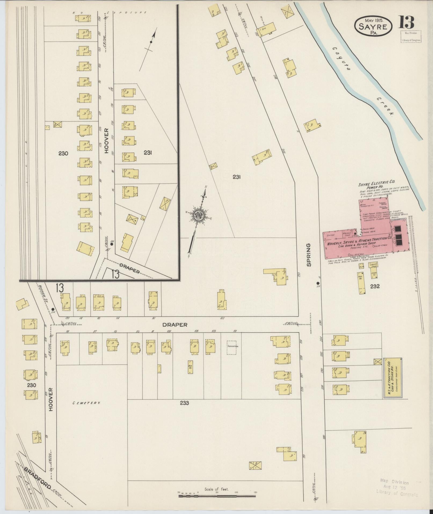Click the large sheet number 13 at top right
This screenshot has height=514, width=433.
tap(406, 22)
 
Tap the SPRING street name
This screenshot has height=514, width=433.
tap(309, 255)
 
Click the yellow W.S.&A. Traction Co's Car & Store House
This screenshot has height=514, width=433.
tap(393, 378)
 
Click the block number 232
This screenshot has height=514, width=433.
tap(374, 286)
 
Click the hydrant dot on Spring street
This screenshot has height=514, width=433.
tap(318, 283)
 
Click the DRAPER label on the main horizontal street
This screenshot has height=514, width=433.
tap(174, 325)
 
